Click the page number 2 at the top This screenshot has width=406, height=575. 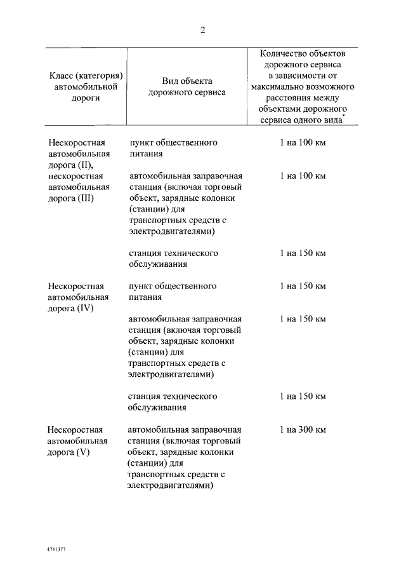[x=203, y=30]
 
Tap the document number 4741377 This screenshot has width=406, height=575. [x=56, y=548]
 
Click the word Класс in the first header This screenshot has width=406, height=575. [x=62, y=76]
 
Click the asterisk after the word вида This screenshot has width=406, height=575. [x=344, y=117]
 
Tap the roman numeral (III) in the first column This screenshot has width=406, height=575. [x=83, y=198]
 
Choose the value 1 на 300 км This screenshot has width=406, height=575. [x=303, y=430]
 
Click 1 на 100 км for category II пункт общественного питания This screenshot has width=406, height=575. [x=303, y=142]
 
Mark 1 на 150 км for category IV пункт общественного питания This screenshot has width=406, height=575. [x=303, y=286]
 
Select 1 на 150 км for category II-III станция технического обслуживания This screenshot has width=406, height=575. [x=303, y=253]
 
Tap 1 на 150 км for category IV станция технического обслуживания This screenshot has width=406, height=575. [x=303, y=396]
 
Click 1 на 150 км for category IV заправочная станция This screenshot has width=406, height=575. [x=303, y=319]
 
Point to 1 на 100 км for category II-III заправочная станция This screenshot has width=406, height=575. [x=303, y=175]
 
